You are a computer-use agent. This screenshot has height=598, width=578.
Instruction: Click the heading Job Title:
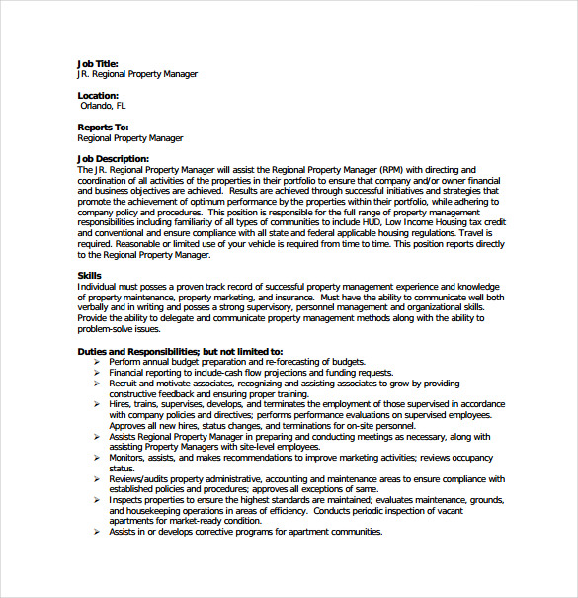pyautogui.click(x=99, y=63)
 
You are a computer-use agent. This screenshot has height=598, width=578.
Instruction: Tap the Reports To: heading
pyautogui.click(x=103, y=127)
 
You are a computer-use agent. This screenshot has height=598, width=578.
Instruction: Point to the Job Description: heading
pyautogui.click(x=113, y=158)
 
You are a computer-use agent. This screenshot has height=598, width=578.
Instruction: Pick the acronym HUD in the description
pyautogui.click(x=372, y=222)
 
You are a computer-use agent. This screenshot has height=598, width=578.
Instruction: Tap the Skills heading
pyautogui.click(x=89, y=275)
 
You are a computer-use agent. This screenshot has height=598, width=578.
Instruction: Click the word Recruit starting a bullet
pyautogui.click(x=124, y=384)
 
